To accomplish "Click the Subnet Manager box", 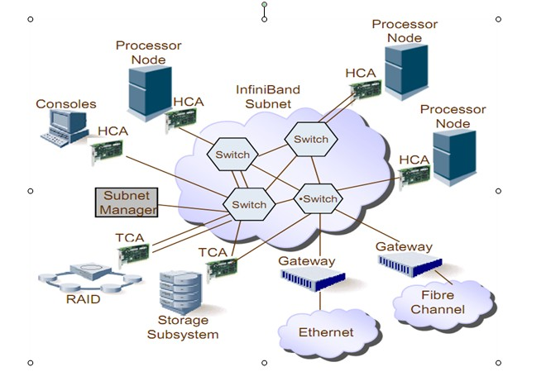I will [125, 203].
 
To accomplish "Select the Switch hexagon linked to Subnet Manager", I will [249, 204].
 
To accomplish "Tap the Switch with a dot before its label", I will [318, 199].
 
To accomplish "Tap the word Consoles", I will [66, 104].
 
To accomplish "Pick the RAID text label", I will [83, 299].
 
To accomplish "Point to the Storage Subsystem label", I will [183, 327].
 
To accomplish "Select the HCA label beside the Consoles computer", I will [113, 131].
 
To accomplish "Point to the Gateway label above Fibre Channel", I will [404, 246].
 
